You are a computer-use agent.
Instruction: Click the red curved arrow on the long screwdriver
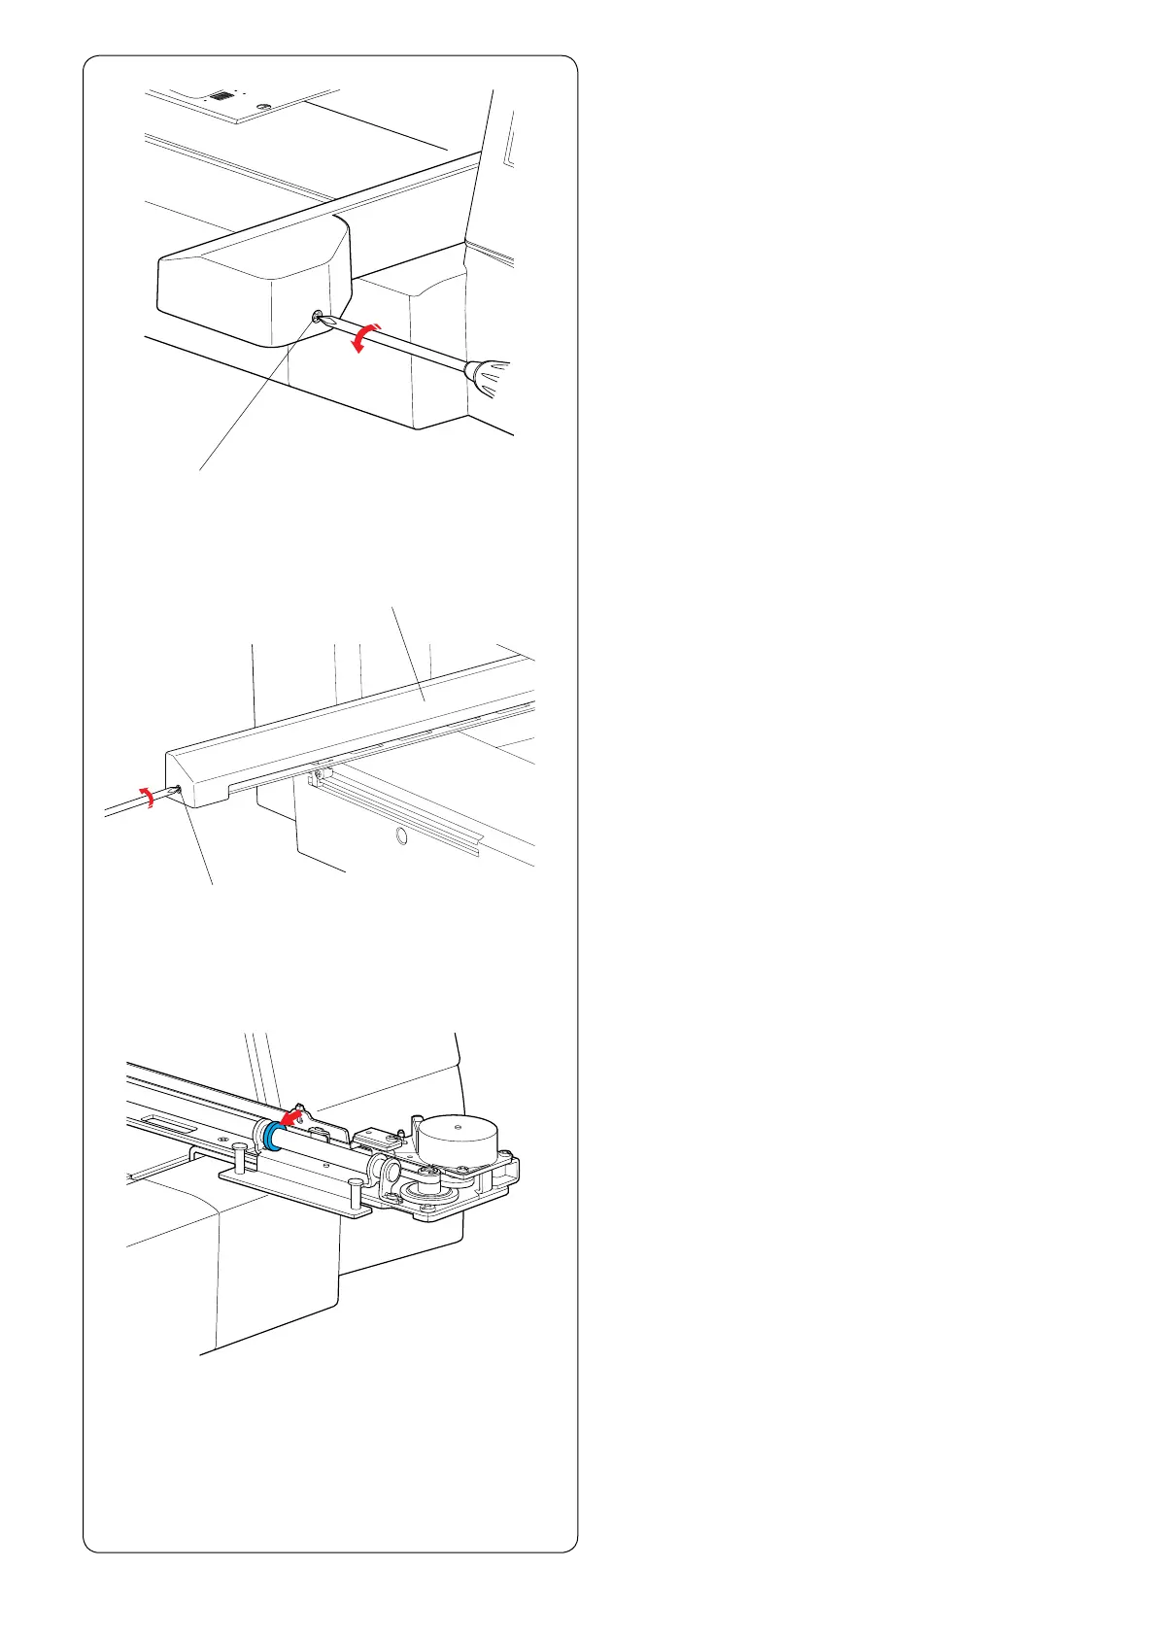(367, 337)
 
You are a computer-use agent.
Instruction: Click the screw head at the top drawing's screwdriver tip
(318, 316)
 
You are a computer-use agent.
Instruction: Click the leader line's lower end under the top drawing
(200, 470)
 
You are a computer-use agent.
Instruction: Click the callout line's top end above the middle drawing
(391, 608)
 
